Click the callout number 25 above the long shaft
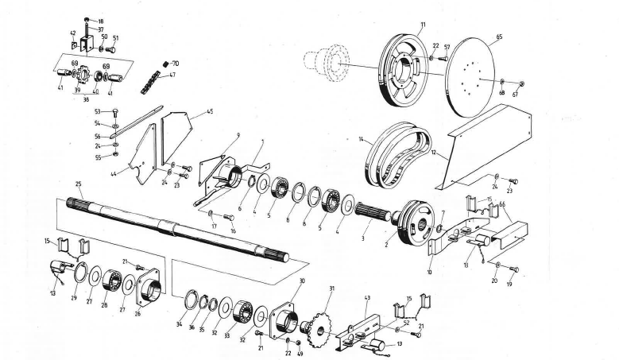[79, 184]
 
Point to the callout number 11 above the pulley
[423, 25]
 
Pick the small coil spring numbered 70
[165, 64]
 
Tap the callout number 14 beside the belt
[360, 141]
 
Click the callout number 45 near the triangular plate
[209, 112]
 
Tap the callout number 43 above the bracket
[367, 298]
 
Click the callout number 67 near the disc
[515, 93]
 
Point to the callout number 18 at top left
[101, 20]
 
